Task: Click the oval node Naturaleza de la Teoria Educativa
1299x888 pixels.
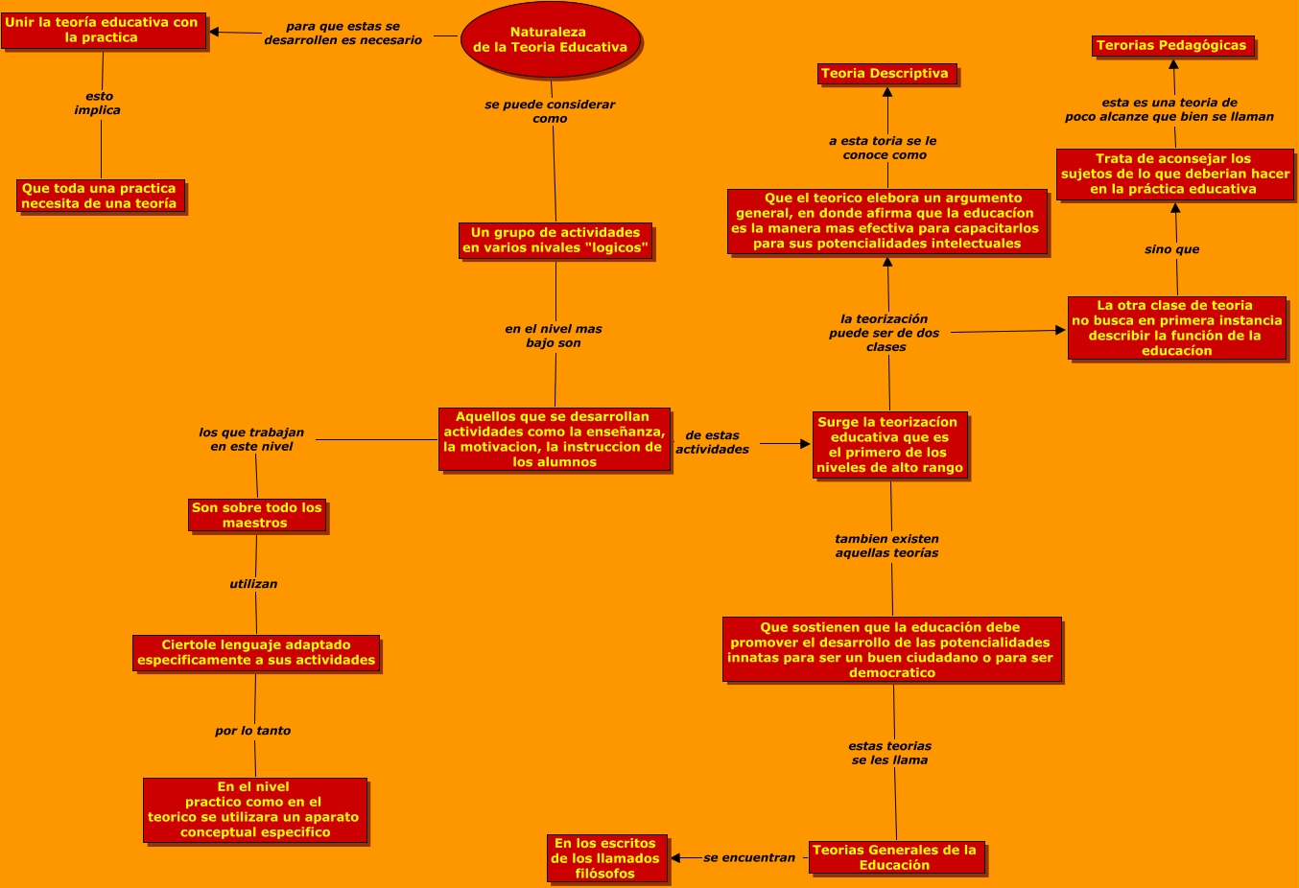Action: [550, 40]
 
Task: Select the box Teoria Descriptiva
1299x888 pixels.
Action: [886, 74]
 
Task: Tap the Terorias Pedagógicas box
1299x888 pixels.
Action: [1172, 46]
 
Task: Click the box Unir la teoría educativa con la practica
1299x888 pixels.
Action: [103, 31]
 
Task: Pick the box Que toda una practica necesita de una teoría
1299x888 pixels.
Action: [100, 197]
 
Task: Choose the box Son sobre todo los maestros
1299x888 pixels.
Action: [257, 516]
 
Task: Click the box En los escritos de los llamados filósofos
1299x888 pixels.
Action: [605, 858]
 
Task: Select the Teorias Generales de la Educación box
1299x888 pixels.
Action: [895, 857]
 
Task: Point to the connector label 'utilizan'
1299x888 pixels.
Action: [253, 584]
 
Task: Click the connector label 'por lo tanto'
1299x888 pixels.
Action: [253, 731]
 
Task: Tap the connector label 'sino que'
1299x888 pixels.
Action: [1171, 249]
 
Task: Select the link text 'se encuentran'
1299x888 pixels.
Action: [749, 858]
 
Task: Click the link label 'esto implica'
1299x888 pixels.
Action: [98, 104]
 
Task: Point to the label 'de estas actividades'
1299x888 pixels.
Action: [712, 442]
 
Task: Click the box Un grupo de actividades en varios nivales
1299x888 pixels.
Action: [555, 241]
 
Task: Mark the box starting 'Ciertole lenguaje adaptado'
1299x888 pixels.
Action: [256, 653]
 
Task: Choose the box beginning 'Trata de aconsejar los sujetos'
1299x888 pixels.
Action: [1174, 175]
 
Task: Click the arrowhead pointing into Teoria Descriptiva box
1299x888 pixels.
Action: [887, 92]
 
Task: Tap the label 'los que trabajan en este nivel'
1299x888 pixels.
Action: [251, 439]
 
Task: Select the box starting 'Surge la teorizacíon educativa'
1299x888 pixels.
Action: [888, 445]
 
